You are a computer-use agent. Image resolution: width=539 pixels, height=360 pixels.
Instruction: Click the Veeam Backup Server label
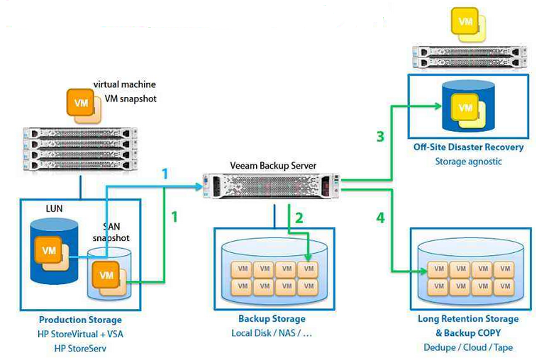point(273,166)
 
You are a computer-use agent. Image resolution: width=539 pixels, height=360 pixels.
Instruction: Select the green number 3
point(380,136)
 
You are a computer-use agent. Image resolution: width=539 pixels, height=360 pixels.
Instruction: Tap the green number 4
point(381,218)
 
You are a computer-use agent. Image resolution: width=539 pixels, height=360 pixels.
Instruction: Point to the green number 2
point(299,218)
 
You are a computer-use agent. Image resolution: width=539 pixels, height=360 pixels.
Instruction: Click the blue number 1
point(165,174)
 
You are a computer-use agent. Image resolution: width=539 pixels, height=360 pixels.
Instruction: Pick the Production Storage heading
point(80,320)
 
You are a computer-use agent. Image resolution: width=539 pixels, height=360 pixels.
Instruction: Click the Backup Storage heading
point(272,319)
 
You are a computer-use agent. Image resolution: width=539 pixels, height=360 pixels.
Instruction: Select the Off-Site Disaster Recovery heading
point(469,147)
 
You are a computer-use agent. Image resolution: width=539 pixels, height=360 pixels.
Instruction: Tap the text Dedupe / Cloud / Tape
point(468,347)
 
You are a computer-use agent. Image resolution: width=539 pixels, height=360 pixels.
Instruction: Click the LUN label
point(55,208)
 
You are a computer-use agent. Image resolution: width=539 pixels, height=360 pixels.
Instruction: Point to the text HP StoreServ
point(80,349)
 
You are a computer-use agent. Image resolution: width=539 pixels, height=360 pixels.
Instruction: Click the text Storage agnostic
point(469,162)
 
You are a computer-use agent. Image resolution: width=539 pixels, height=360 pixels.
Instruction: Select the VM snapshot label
point(130,99)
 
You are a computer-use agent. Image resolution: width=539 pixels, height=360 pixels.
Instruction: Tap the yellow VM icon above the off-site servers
point(468,25)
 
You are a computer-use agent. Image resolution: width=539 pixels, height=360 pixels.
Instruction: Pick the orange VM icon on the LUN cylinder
point(52,253)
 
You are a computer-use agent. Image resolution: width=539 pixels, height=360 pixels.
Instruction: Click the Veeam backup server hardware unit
point(271,186)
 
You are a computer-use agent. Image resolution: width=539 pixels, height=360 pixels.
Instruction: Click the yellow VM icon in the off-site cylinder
point(469,111)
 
